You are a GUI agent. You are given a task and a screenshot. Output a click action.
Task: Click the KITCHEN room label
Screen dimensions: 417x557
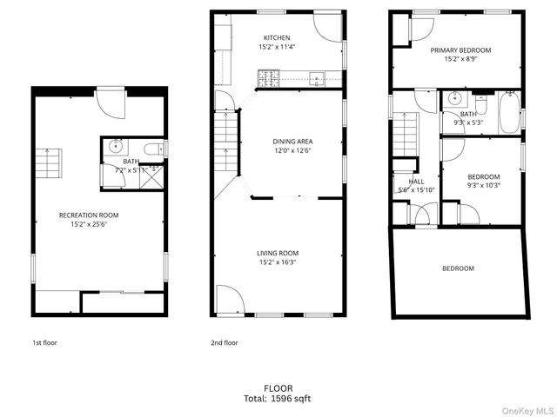pyautogui.click(x=278, y=37)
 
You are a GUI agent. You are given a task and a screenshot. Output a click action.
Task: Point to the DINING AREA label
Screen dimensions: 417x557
pyautogui.click(x=292, y=141)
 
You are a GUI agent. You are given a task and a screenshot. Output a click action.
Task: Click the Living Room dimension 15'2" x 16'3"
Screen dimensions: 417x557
pyautogui.click(x=278, y=262)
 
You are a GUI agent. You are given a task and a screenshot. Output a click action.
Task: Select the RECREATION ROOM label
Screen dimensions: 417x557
pyautogui.click(x=89, y=215)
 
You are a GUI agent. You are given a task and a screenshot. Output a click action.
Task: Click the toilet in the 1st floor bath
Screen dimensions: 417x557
pyautogui.click(x=155, y=149)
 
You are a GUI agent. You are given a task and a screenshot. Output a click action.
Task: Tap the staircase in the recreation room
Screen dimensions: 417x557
pyautogui.click(x=50, y=162)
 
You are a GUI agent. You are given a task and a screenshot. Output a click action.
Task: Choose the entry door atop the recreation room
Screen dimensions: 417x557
pyautogui.click(x=111, y=103)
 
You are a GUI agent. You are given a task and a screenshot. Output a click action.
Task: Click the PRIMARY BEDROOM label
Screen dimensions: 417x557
pyautogui.click(x=460, y=50)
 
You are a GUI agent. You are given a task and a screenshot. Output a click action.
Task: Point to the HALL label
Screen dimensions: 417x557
pyautogui.click(x=416, y=182)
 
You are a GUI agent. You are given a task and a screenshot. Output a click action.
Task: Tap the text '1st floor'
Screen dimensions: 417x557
pyautogui.click(x=45, y=342)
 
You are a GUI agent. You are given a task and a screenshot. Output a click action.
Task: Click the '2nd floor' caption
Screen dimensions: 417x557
pyautogui.click(x=224, y=342)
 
